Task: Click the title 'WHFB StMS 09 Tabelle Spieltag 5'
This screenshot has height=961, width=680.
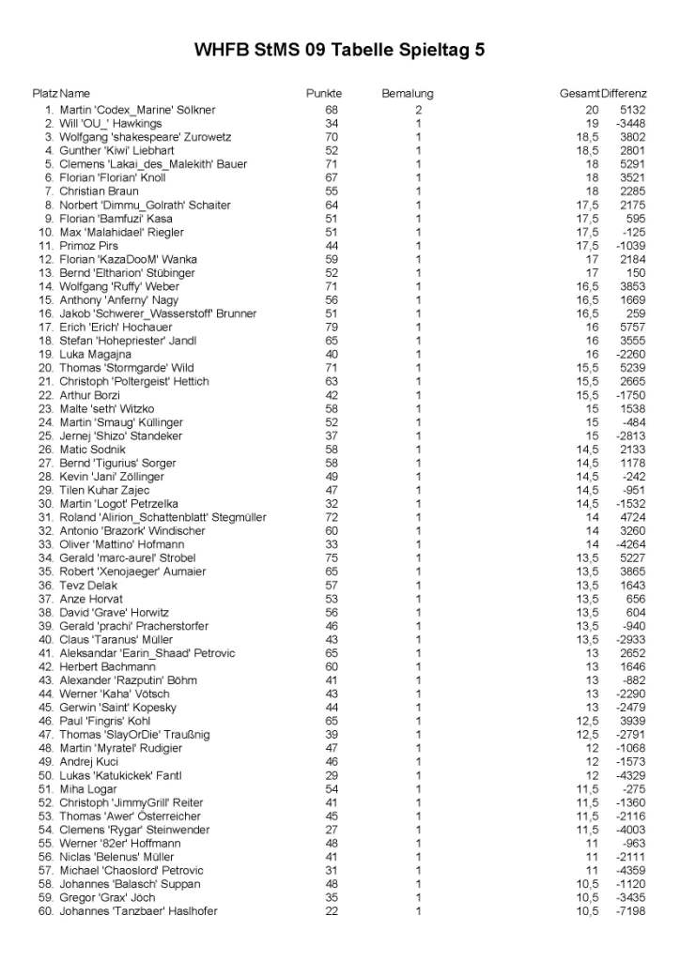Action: click(x=339, y=51)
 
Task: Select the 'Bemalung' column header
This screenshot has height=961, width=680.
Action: click(x=407, y=94)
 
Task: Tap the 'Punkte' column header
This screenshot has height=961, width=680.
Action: click(x=324, y=94)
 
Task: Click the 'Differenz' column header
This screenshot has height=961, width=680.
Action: click(x=624, y=94)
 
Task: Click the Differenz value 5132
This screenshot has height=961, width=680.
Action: click(x=632, y=110)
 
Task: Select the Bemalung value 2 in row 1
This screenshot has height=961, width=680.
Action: click(x=419, y=110)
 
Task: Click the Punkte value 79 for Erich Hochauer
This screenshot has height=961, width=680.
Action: click(x=332, y=328)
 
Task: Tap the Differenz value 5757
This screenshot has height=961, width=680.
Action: click(x=632, y=328)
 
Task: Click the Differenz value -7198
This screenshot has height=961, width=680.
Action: click(x=630, y=911)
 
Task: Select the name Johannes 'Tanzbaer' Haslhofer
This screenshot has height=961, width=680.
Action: click(x=138, y=911)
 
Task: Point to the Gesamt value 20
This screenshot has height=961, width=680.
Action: click(x=592, y=110)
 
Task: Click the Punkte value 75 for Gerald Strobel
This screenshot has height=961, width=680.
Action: click(x=332, y=558)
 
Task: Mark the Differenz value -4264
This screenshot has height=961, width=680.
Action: click(x=630, y=545)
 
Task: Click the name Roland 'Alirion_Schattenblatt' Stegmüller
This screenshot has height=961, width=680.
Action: click(x=162, y=518)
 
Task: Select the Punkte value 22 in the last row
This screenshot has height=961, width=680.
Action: click(x=332, y=911)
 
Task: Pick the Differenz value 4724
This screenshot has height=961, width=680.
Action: click(x=632, y=518)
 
